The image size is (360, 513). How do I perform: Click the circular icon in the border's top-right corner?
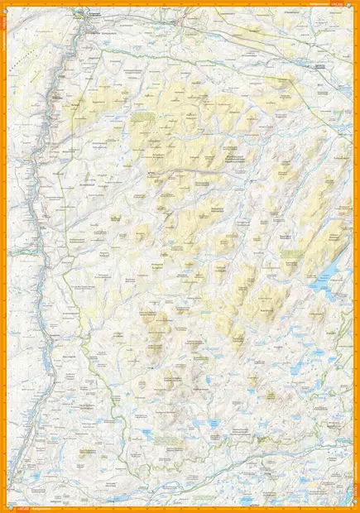pos(353,6)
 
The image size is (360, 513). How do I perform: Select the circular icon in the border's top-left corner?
pos(6,6)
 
